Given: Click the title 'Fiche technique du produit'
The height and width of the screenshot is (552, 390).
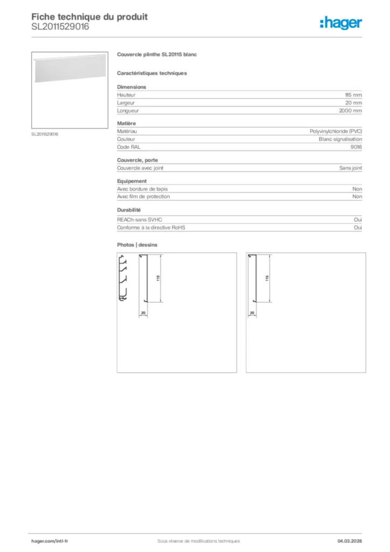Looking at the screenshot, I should [x=89, y=17].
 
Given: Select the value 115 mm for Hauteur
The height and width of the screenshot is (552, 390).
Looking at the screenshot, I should [x=353, y=95].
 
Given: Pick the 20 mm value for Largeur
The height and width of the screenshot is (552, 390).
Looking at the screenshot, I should [x=353, y=102].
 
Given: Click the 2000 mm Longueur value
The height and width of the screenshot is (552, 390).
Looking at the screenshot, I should [x=351, y=111].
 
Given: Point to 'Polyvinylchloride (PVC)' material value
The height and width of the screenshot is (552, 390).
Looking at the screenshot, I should [x=336, y=131].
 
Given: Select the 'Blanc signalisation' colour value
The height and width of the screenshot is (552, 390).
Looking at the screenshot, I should [x=340, y=139].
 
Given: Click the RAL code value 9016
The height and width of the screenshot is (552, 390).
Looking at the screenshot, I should [x=356, y=147].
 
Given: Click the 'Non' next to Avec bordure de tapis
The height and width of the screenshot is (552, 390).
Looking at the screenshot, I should [x=357, y=189].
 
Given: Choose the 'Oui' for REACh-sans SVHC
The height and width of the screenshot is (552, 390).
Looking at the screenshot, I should [x=358, y=220].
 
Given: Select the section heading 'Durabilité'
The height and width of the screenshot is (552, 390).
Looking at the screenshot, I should [x=129, y=210].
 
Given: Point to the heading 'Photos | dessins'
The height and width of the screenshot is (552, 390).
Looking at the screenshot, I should [x=137, y=245].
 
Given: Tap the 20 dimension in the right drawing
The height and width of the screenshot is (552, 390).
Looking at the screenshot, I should [x=252, y=313].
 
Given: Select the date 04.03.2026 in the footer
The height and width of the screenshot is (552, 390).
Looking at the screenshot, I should [x=349, y=541].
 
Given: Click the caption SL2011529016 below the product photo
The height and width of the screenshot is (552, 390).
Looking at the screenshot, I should [x=45, y=134].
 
